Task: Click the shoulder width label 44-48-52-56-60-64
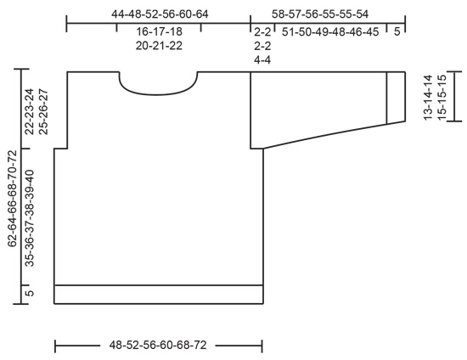coord(159,14)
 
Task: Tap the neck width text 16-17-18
coord(159,31)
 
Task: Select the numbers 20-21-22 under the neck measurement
coord(159,46)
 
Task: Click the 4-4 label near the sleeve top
coord(262,60)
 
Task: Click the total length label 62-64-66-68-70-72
coord(12,198)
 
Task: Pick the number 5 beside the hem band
coord(30,294)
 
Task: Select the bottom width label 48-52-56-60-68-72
coord(159,346)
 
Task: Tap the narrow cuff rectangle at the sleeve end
coord(395,98)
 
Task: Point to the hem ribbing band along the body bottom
coord(159,294)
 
